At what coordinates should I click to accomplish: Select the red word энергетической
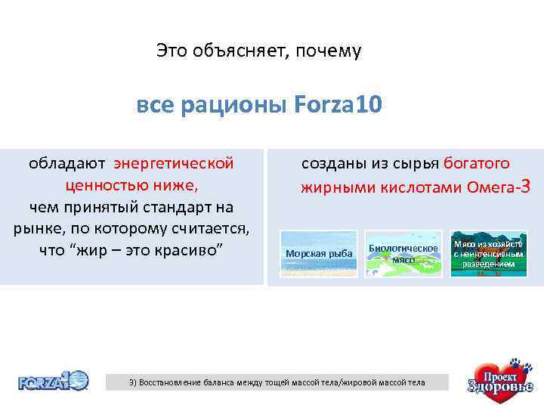coord(174,163)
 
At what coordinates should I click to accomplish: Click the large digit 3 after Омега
coord(527,185)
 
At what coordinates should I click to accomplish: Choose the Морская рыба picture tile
coord(319,253)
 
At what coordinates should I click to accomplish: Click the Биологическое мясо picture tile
coord(403,253)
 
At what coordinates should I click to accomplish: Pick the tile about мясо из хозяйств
coord(488,253)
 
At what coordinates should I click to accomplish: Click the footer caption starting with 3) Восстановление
coord(277,382)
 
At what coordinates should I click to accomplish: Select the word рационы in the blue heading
coord(231,105)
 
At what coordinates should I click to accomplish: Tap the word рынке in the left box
coord(34,228)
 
